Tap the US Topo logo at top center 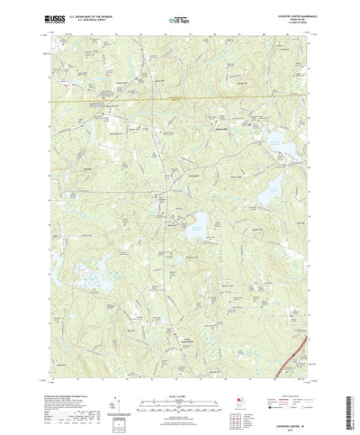179,18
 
